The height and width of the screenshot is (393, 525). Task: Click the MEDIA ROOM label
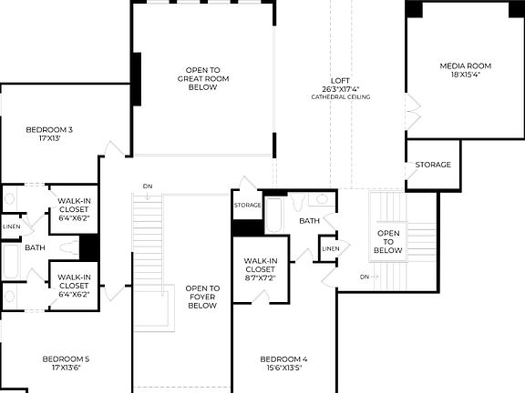(x=466, y=66)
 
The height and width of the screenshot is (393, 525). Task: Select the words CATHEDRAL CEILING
(x=345, y=97)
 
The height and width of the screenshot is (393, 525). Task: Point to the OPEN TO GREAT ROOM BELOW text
(x=202, y=79)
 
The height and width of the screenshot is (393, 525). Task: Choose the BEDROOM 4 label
(x=283, y=359)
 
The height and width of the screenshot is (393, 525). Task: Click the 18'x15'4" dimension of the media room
(x=466, y=76)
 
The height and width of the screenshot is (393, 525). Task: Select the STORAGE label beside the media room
(x=433, y=165)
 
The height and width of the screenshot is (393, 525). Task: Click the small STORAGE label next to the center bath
(x=247, y=206)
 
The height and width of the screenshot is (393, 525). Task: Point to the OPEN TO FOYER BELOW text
(x=201, y=297)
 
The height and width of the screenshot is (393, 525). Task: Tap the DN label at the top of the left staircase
(x=148, y=186)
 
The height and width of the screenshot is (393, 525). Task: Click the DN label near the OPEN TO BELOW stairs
(x=365, y=276)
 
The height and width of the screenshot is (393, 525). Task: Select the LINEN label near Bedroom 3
(x=11, y=227)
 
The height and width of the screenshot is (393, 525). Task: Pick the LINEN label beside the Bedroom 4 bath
(x=330, y=248)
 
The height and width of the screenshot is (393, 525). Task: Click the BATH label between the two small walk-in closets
(x=35, y=247)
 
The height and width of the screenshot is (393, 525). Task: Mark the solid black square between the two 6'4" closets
(x=89, y=247)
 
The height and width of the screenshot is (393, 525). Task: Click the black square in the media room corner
(x=414, y=9)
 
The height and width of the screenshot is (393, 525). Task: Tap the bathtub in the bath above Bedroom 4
(x=274, y=215)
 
